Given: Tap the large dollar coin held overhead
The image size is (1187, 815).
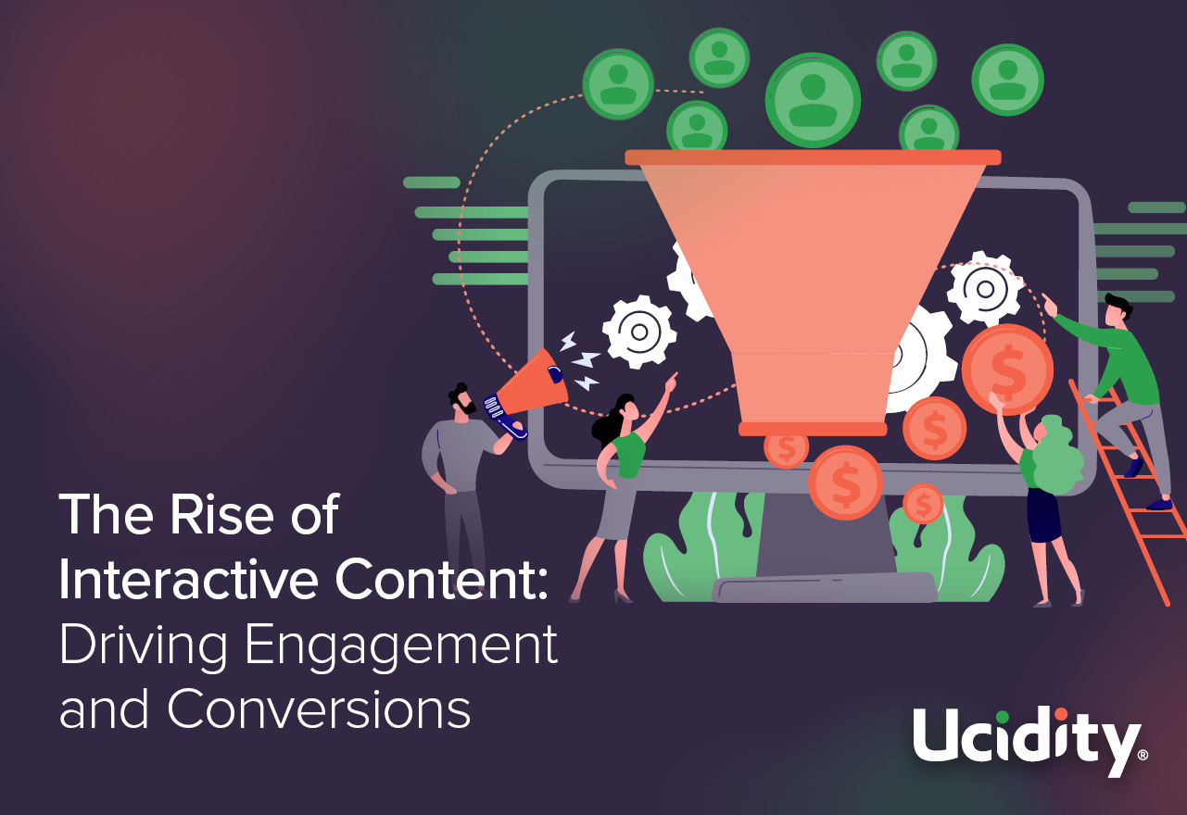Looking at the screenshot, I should [1007, 369].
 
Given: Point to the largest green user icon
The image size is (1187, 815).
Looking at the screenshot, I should [813, 99].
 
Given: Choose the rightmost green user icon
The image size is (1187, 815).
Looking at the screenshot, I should [1007, 80].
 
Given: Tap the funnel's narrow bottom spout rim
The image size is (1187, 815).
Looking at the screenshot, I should [813, 429].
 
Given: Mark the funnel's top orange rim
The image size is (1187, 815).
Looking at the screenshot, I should [813, 157].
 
